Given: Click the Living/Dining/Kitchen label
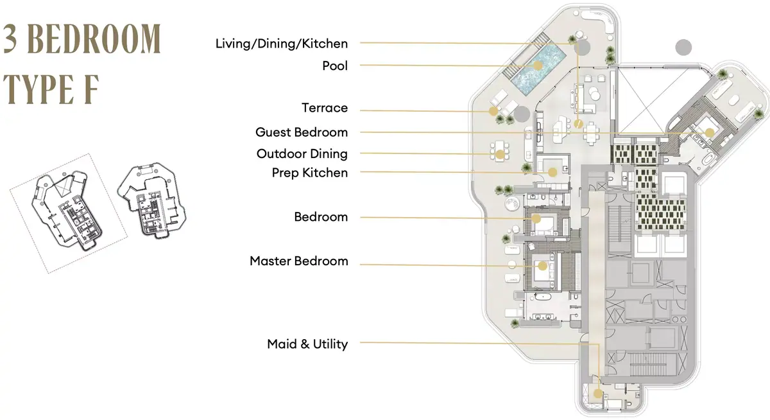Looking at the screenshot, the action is (x=282, y=44).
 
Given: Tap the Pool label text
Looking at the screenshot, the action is (x=335, y=66).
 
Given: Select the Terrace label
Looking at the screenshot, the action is (x=325, y=108).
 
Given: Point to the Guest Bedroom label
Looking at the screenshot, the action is (x=302, y=132).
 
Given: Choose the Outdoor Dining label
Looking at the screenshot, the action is (x=302, y=153).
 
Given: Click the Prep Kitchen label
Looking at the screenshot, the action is (x=310, y=173).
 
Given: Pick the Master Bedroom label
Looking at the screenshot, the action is (x=299, y=261).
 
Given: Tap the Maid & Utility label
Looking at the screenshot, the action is (x=307, y=344).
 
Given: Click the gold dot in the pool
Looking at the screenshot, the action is (x=538, y=66).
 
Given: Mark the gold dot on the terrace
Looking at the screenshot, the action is (x=493, y=111).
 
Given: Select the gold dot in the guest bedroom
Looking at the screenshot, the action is (x=710, y=133).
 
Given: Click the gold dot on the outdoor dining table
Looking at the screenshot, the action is (x=500, y=155).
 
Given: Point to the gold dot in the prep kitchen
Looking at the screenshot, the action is (x=552, y=172).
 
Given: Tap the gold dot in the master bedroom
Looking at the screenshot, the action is (x=542, y=266).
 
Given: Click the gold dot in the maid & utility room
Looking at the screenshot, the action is (x=598, y=394).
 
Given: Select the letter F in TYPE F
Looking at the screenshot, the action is (x=91, y=89).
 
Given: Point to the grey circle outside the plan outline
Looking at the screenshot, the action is (x=683, y=48).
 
